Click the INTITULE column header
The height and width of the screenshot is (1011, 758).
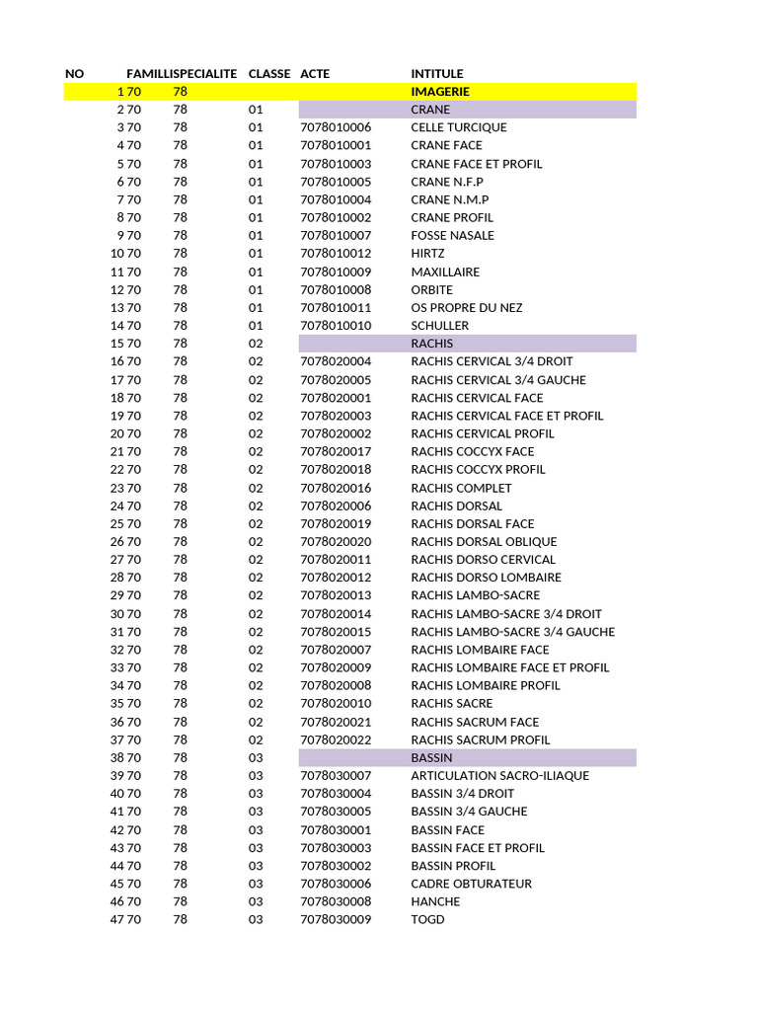click(436, 74)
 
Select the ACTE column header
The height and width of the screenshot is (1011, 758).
click(315, 74)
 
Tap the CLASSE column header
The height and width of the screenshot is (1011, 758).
click(269, 74)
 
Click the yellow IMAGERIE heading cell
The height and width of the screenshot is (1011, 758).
click(440, 92)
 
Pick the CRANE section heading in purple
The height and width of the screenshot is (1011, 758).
click(430, 110)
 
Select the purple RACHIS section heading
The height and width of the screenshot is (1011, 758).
click(432, 344)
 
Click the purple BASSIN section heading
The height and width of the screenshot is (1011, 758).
click(432, 757)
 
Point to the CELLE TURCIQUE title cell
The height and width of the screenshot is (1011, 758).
click(459, 127)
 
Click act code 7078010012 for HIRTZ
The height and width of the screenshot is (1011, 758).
click(336, 254)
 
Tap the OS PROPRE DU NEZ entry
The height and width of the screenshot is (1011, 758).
click(467, 308)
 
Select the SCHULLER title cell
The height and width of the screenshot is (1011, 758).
click(440, 326)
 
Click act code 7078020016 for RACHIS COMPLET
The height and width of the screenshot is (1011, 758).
click(336, 488)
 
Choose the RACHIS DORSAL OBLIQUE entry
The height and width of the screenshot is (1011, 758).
click(484, 542)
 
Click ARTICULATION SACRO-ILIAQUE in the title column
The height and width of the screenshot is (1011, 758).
click(499, 776)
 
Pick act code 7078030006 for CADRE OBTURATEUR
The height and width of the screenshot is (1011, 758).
click(336, 884)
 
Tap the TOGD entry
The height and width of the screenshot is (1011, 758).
click(427, 920)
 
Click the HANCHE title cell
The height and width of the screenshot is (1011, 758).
click(435, 901)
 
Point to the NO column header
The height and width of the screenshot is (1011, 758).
click(75, 74)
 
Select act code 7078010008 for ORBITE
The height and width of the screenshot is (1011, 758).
click(336, 290)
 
